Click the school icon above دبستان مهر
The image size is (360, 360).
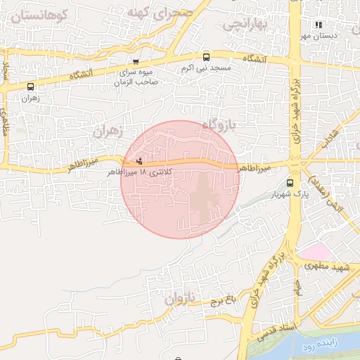tap(319, 25)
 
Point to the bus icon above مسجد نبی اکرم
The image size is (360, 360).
tap(206, 58)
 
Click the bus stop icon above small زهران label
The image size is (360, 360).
tap(30, 87)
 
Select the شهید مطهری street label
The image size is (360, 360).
tap(333, 268)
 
